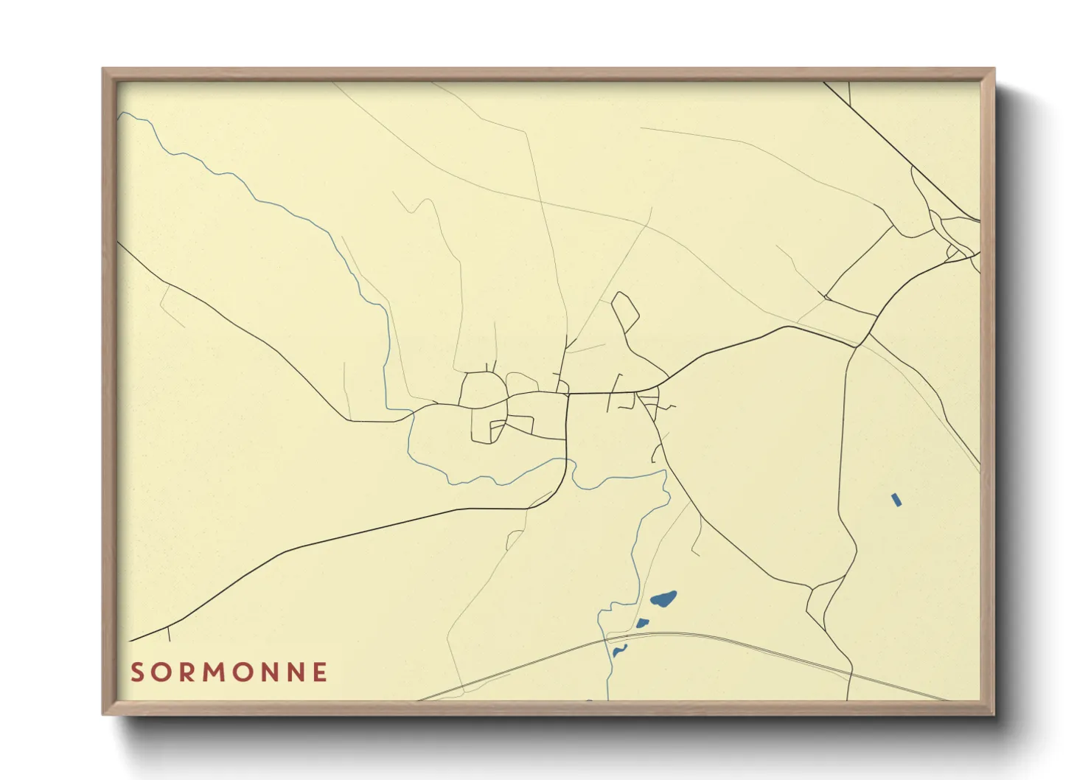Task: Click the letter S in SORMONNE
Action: tap(137, 672)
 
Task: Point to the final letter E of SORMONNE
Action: tap(320, 672)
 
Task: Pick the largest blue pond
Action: tap(663, 599)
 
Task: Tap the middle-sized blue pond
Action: tap(643, 624)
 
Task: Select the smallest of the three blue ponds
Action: tap(619, 650)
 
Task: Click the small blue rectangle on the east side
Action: tap(896, 500)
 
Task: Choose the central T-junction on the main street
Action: tap(568, 394)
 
